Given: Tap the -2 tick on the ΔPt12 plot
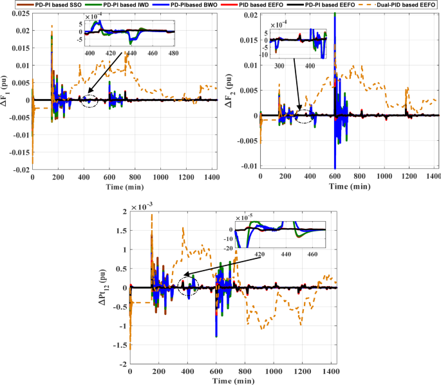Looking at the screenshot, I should coord(122,364).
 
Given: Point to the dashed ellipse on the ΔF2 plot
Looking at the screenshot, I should coord(302,115).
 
